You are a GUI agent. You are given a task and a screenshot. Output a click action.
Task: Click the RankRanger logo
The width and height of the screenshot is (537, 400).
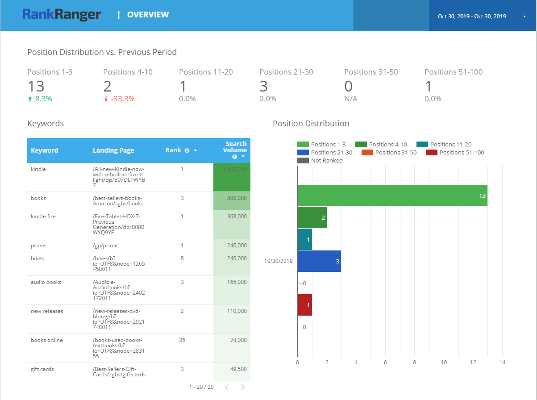(x=62, y=15)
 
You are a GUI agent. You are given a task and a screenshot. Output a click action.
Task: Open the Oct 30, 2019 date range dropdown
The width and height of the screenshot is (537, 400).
(x=482, y=17)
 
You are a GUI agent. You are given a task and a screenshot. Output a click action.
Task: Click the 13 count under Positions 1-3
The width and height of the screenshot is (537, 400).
(x=36, y=86)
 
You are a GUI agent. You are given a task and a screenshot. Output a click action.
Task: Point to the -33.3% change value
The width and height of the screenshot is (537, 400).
(x=122, y=99)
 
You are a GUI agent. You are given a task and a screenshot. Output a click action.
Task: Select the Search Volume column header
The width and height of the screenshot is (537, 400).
(x=235, y=150)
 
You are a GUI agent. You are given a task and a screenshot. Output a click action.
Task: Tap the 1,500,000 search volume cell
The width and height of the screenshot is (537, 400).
(x=232, y=170)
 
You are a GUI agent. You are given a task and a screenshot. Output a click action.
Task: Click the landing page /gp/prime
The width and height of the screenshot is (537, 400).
(x=105, y=246)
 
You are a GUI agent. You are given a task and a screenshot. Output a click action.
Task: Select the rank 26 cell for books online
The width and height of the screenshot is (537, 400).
(x=182, y=340)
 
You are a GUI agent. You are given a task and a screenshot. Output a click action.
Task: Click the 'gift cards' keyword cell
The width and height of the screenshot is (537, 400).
(x=43, y=369)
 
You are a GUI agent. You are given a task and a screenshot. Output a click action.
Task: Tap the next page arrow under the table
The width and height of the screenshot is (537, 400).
(x=243, y=387)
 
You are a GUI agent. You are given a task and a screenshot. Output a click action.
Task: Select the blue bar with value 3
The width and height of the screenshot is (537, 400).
(x=319, y=261)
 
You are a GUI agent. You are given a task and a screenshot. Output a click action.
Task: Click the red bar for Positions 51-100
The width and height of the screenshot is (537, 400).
(x=304, y=305)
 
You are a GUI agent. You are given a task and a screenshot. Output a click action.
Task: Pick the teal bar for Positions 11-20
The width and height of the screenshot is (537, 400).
(x=304, y=239)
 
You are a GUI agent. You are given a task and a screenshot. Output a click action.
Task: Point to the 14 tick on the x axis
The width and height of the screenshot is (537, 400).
(x=502, y=362)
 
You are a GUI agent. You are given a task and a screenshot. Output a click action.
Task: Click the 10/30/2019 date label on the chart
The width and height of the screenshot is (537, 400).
(x=278, y=261)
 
